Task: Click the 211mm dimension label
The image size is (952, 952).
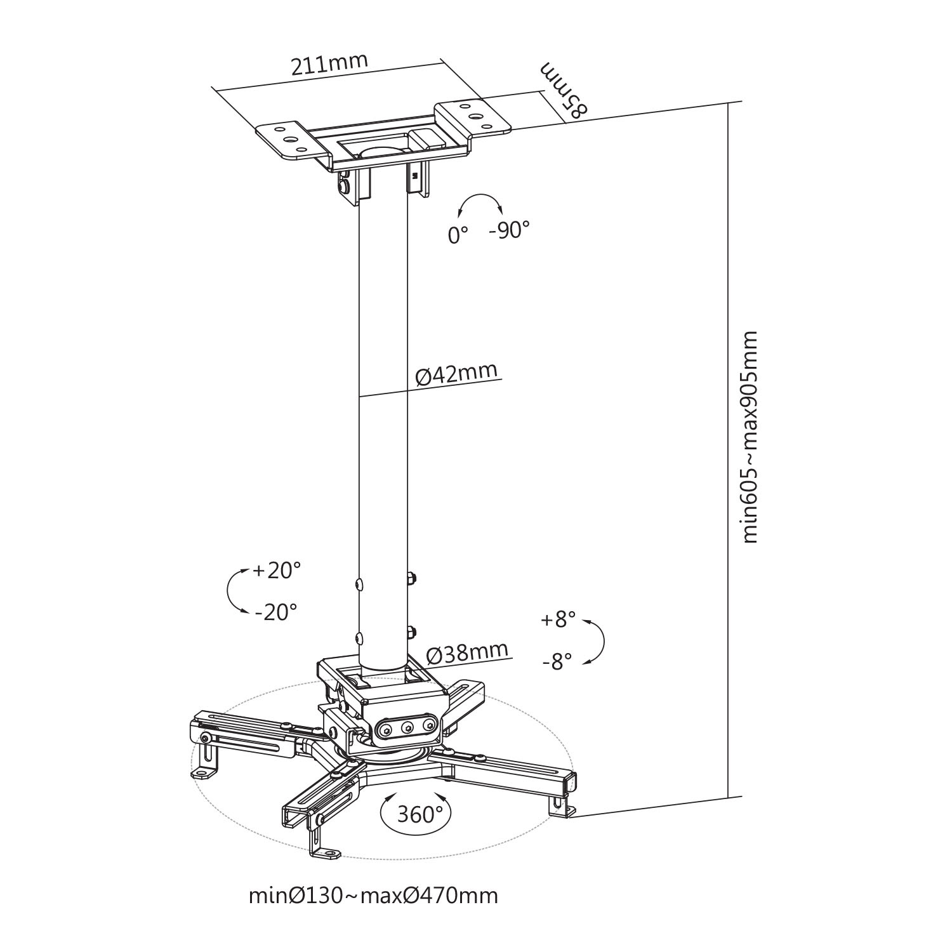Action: [x=329, y=65]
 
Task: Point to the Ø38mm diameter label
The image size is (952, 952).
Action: [x=467, y=652]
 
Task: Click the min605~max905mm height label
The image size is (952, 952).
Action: [x=750, y=437]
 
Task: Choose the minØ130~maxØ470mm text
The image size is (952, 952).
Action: [x=373, y=896]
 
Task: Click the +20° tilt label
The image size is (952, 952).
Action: [x=277, y=571]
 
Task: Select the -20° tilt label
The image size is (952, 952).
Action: [x=276, y=612]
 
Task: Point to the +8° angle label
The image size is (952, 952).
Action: [x=558, y=619]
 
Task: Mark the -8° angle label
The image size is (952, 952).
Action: [x=557, y=662]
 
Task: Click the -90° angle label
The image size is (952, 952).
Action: [x=509, y=230]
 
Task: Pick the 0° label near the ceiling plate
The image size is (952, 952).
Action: [x=458, y=235]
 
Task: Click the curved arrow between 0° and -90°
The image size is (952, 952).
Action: [x=480, y=196]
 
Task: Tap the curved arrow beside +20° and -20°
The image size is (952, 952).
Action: [x=228, y=590]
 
